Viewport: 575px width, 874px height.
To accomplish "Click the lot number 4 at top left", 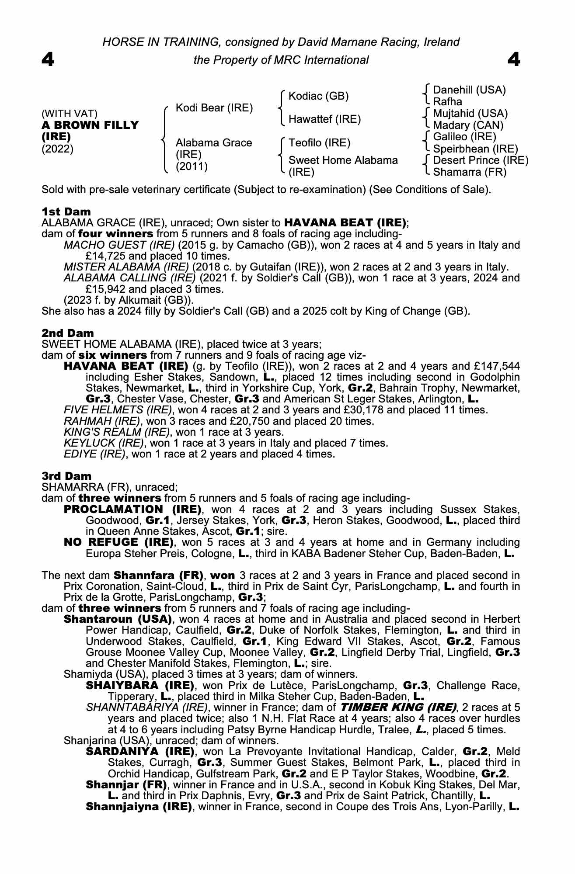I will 48,59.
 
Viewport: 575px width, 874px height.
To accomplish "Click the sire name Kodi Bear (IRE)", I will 214,108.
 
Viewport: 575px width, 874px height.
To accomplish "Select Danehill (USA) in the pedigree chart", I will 469,90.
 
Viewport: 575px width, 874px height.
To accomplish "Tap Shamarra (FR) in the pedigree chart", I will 469,172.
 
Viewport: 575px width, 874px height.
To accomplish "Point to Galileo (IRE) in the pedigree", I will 464,137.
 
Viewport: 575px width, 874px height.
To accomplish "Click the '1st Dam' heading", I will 66,212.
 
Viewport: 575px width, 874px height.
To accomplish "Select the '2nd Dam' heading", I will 67,333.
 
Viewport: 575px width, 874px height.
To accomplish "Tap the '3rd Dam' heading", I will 66,476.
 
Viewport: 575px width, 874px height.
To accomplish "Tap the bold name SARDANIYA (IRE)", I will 140,752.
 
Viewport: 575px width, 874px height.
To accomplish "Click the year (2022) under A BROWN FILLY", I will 57,149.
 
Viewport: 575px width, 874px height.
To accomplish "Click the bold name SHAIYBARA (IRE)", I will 140,685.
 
